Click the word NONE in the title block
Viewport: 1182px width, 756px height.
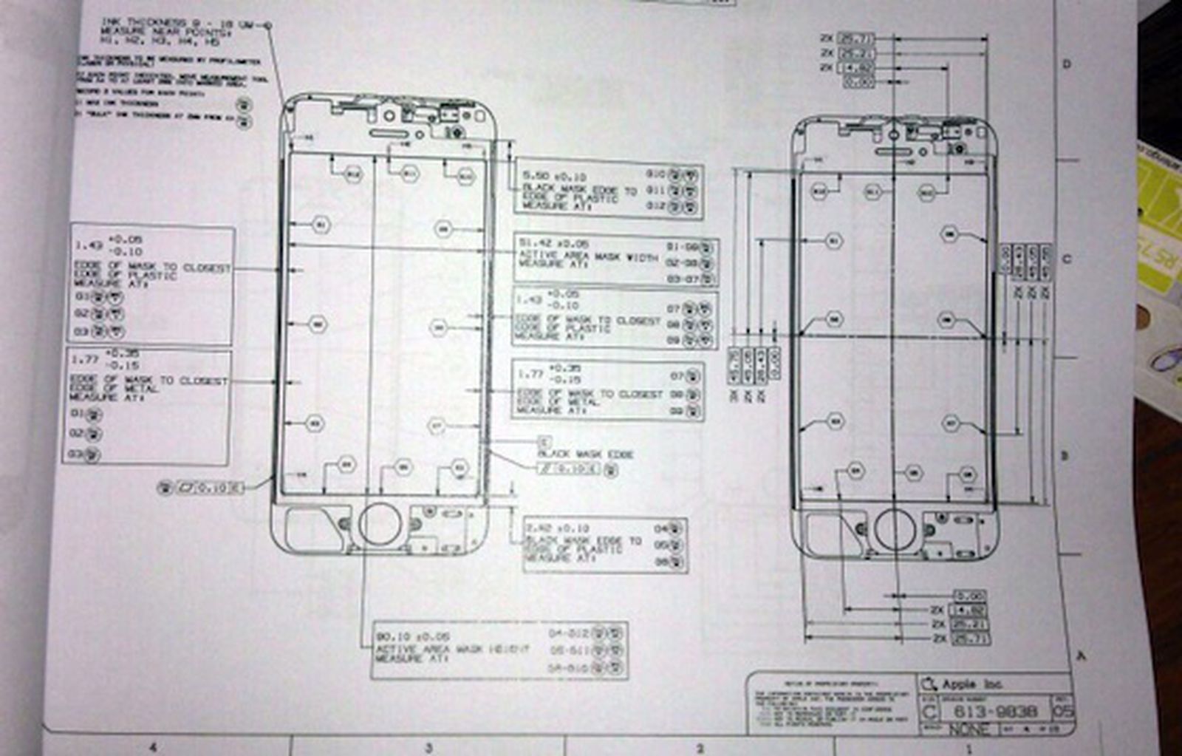pos(969,729)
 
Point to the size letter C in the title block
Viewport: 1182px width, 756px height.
pos(930,712)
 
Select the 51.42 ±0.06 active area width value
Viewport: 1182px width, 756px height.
pos(554,243)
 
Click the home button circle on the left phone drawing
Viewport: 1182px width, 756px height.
pos(380,523)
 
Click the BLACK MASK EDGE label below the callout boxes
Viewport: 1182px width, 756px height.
pos(584,454)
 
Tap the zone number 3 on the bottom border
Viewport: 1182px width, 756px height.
pos(428,748)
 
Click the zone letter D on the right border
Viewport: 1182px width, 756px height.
pos(1067,64)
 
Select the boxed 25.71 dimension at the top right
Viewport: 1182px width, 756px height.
pos(857,38)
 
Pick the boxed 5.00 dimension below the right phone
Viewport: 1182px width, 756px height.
pos(969,596)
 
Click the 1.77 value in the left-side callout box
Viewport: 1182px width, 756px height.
pos(84,359)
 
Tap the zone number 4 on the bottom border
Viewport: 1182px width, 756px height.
pos(153,748)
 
